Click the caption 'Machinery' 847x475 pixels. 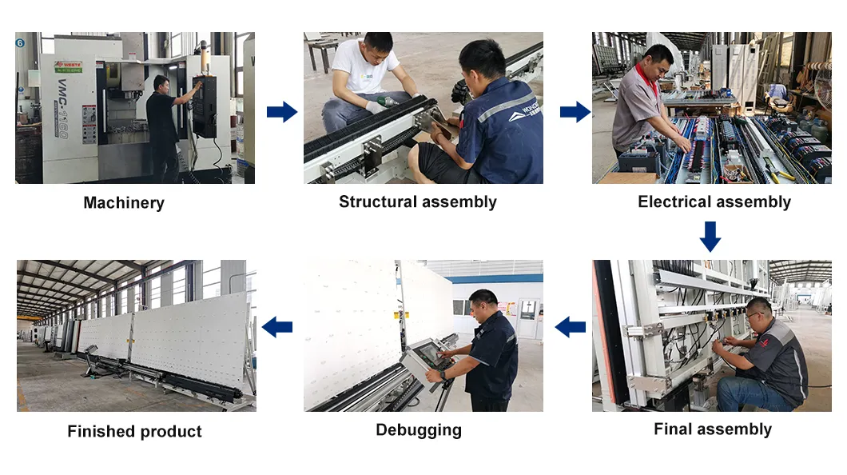tap(124, 203)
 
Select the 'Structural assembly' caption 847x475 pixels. tap(417, 202)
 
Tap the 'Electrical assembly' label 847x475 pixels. tap(714, 202)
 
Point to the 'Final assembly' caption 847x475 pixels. tap(712, 429)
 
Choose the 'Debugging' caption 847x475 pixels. tap(419, 430)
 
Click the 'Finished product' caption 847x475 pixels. tap(134, 432)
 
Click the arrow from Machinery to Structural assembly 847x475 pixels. tap(281, 112)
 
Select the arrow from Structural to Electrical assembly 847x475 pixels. tap(575, 112)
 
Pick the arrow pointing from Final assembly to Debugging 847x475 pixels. tap(570, 326)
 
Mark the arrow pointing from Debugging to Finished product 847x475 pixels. tap(277, 326)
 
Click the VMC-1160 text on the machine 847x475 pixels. tap(62, 107)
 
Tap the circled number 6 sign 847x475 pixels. tap(20, 41)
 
